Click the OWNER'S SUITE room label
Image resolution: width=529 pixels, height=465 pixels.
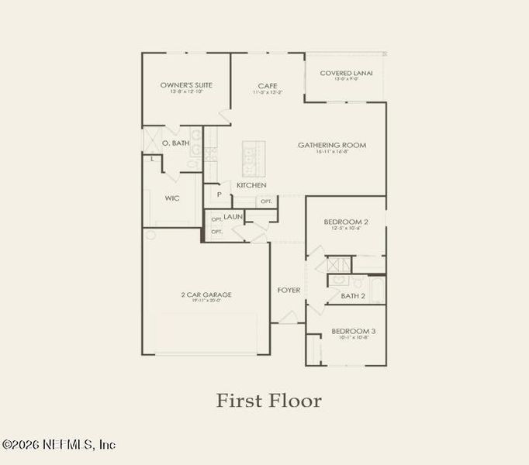pos(186,84)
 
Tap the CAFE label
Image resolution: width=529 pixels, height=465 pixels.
pos(268,85)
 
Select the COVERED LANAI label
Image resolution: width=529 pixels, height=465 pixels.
pos(346,73)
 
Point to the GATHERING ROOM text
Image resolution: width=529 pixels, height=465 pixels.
pos(332,145)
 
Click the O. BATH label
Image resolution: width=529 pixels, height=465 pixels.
pos(176,143)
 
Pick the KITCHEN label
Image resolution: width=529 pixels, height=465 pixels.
pos(251,185)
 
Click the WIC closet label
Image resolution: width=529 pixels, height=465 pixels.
pos(172,198)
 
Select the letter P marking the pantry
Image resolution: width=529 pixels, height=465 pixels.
pos(220,195)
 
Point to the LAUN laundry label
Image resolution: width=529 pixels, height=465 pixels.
pos(233,218)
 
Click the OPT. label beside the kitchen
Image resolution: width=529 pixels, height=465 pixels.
pos(266,201)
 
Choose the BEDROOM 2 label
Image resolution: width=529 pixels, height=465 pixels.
pos(345,222)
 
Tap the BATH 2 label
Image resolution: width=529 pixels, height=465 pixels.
pos(354,296)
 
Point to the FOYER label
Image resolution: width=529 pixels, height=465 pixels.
pos(289,291)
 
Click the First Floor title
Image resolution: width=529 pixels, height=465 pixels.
pos(268,401)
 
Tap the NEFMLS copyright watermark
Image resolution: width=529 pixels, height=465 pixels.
pos(59,445)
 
